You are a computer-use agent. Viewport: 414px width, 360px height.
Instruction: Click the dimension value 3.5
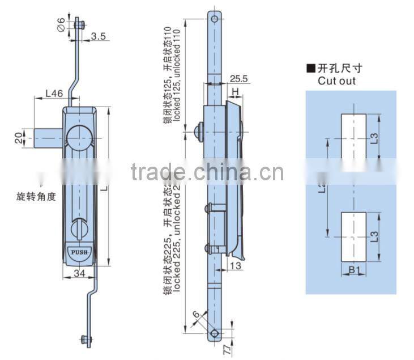pos(99,36)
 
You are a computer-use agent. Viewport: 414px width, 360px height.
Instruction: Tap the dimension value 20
pos(19,137)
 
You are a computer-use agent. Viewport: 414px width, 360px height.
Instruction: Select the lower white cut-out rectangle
pos(353,236)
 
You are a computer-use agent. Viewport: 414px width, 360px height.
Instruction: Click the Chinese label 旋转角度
pos(37,198)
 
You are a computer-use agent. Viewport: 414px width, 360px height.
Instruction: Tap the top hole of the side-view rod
pos(215,19)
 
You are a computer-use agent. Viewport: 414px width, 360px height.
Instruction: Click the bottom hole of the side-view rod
pos(214,333)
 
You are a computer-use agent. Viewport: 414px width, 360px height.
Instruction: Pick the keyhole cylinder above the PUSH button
pos(78,229)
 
